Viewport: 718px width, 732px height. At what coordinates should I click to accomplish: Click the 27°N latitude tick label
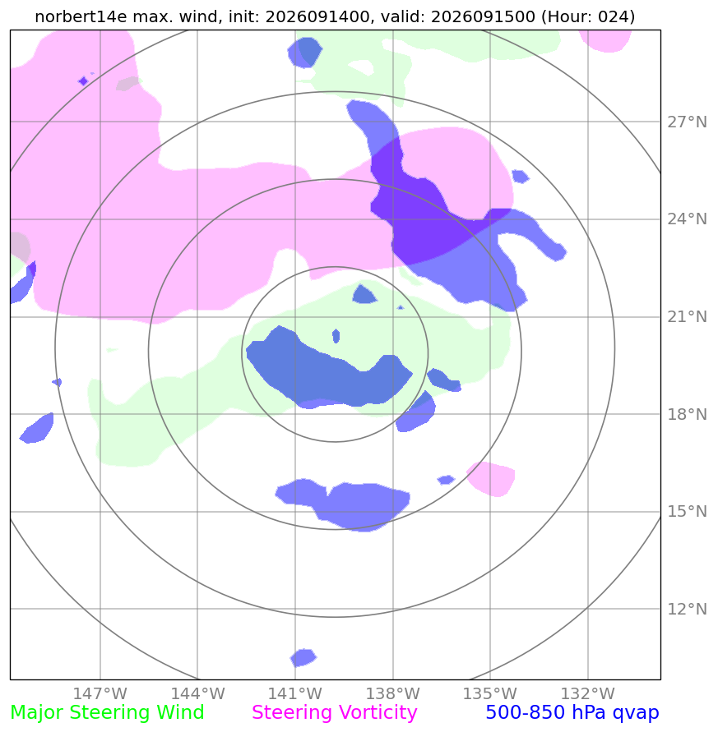pos(687,122)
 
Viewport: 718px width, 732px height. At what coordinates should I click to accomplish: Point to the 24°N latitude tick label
pos(687,219)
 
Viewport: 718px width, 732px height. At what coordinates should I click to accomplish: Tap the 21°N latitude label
pos(687,317)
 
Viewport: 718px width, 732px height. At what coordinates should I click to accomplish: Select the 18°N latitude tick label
pos(687,414)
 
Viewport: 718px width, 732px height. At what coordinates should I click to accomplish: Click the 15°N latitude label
pos(687,512)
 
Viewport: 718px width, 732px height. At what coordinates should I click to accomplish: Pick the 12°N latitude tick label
pos(687,609)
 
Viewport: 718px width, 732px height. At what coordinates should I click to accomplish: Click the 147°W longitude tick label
pos(100,693)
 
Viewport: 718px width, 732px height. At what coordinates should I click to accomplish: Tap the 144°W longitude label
pos(197,693)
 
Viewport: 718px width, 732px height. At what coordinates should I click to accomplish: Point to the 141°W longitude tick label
pos(295,693)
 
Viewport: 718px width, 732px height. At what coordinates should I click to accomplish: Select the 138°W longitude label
pos(392,693)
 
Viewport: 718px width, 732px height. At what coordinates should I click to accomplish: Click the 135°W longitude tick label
pos(490,693)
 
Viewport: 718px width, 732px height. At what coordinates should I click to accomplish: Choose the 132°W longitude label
pos(587,693)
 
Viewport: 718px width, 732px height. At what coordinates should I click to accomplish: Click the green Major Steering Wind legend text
pos(107,713)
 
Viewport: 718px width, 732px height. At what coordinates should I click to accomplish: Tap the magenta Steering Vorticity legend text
pos(334,713)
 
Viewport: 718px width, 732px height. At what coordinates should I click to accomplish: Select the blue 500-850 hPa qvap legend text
pos(572,713)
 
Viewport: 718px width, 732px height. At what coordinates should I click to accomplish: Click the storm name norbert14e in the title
pos(81,16)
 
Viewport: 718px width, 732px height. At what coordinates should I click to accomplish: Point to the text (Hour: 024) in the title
pos(588,16)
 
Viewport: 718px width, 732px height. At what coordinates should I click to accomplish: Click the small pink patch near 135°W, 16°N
pos(491,479)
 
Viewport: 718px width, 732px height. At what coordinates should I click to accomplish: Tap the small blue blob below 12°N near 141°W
pos(303,657)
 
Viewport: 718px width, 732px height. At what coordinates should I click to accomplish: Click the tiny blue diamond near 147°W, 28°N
pos(83,81)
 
